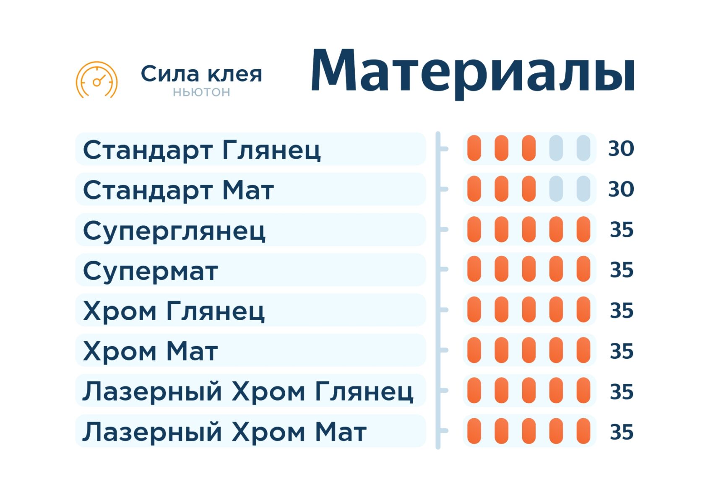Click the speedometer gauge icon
coord(97,80)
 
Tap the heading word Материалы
coord(473,73)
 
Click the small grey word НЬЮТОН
coord(201,92)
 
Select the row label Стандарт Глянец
coord(202,150)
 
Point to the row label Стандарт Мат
coord(178,190)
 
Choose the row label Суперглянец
coord(174,231)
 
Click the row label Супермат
coord(150,271)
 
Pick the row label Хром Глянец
coord(174,311)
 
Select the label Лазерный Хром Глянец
coord(248,391)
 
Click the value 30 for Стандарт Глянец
coord(621,148)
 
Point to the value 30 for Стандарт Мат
coord(621,189)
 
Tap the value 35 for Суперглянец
coord(622,229)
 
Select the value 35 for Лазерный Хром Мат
coord(622,432)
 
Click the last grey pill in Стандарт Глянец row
coord(583,148)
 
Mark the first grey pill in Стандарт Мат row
coord(556,189)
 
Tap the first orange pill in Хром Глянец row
coord(474,310)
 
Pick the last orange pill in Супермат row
coord(583,269)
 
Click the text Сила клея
coord(201,74)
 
